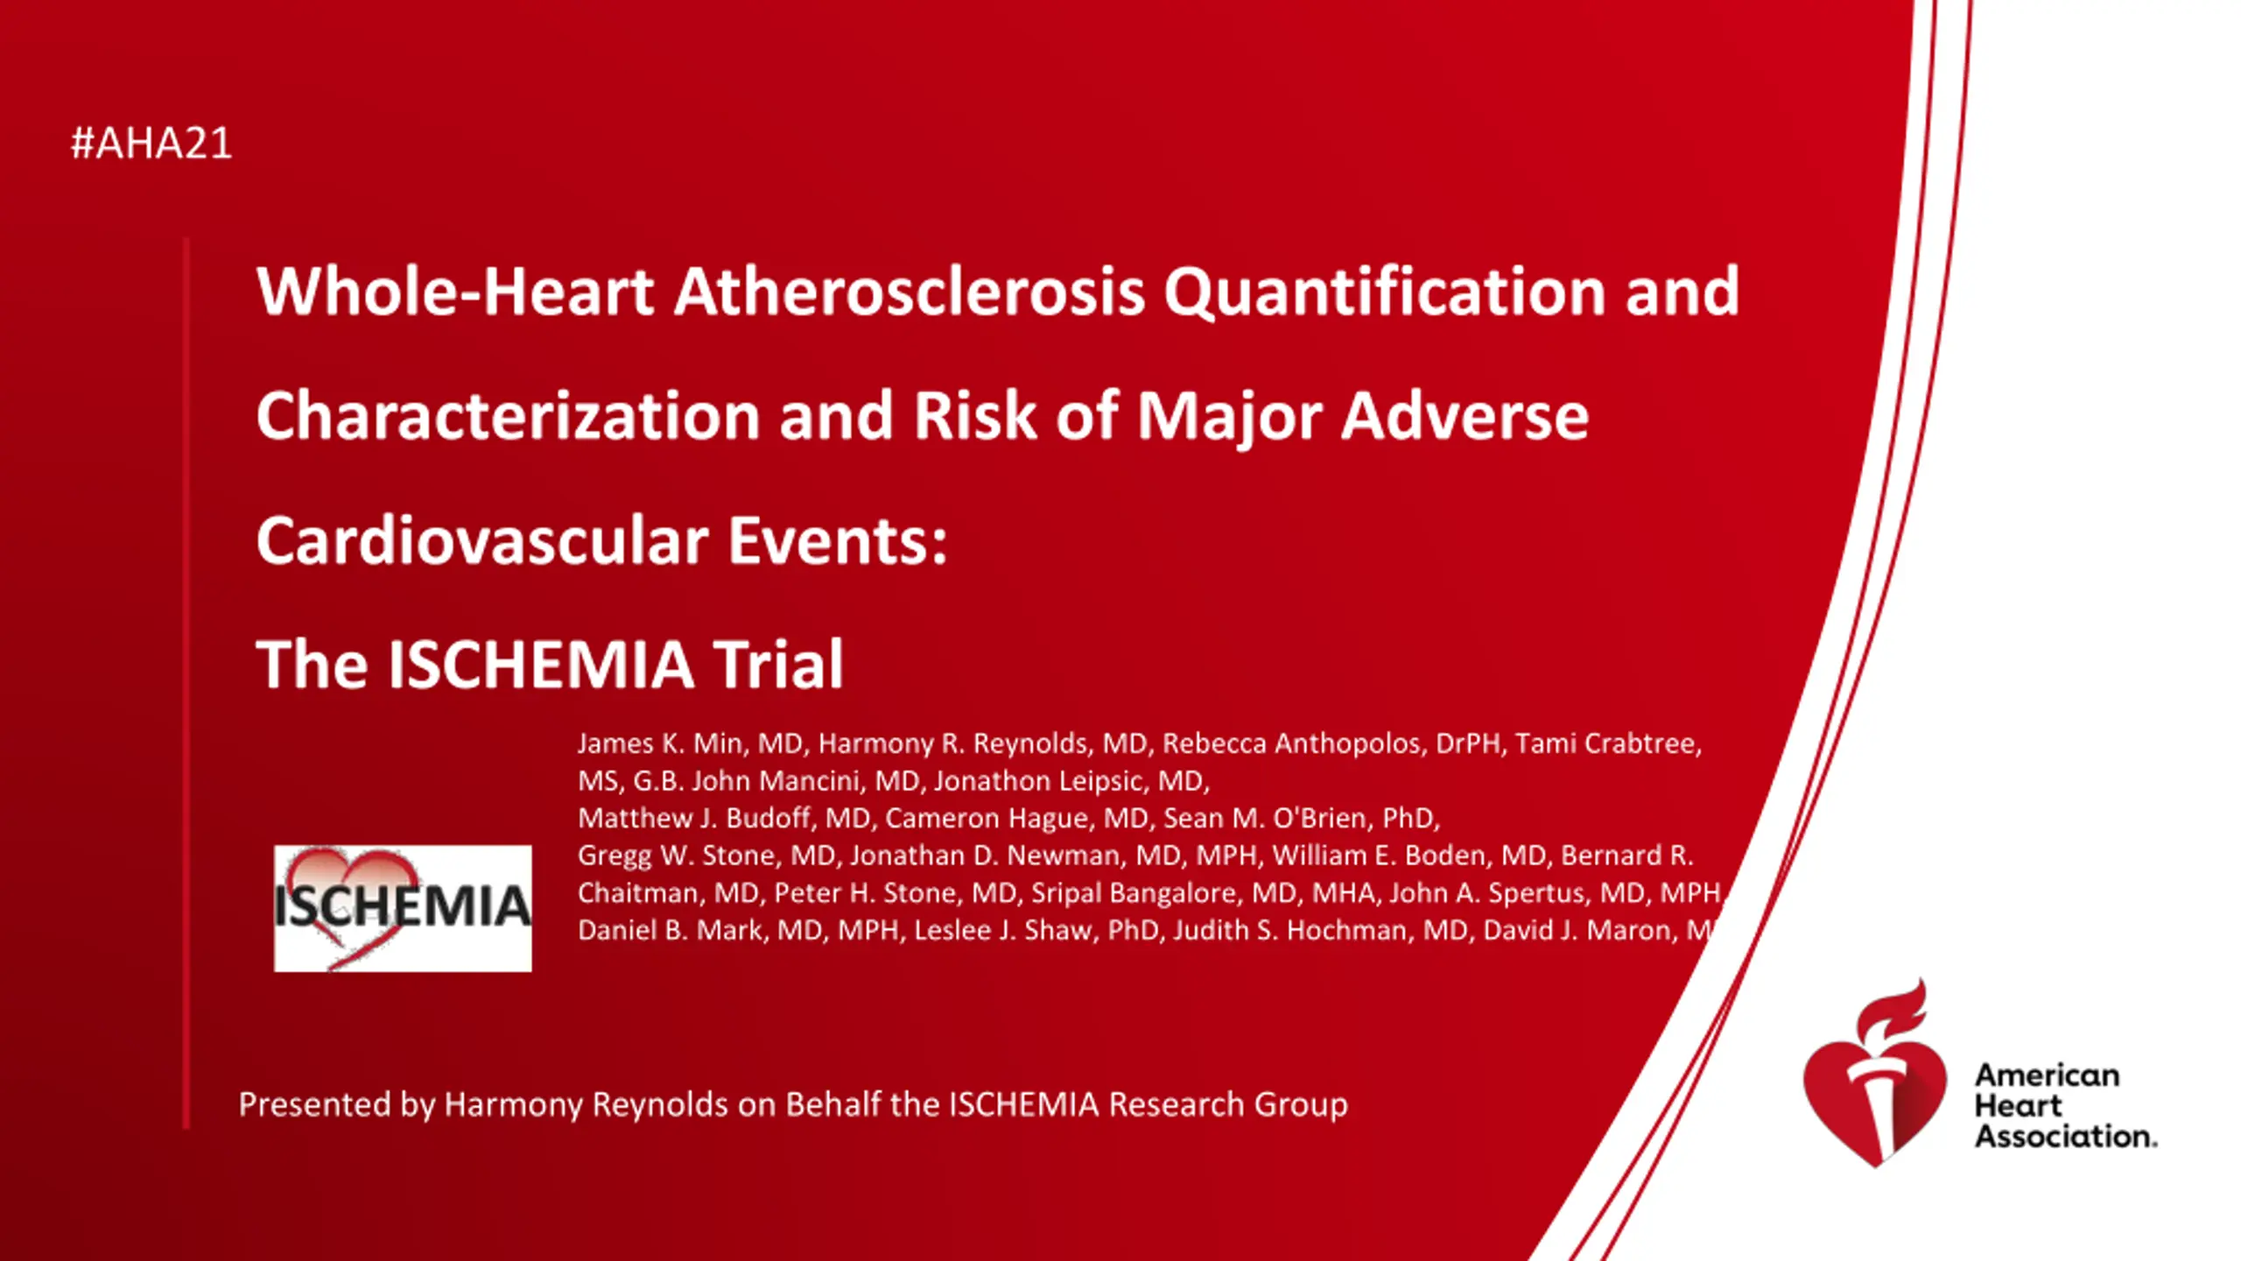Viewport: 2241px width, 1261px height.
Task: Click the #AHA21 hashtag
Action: (151, 143)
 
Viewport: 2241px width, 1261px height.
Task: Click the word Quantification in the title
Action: (1385, 292)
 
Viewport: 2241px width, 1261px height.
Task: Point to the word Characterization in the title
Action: (508, 415)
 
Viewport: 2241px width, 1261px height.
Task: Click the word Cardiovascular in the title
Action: (482, 540)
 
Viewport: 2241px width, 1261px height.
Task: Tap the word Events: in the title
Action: (838, 540)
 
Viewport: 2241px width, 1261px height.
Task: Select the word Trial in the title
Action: (778, 664)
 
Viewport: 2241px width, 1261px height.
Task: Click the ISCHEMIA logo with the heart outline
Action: (403, 908)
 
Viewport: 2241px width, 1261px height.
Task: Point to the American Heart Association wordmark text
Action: (2065, 1105)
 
